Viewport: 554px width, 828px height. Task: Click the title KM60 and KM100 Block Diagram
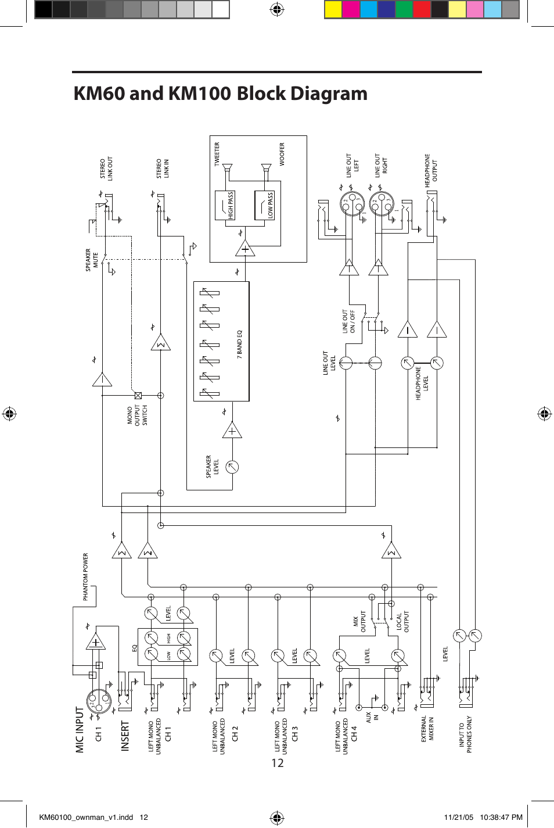(221, 94)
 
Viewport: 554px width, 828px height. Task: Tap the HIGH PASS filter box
(225, 206)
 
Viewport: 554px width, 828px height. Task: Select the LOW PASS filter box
(264, 206)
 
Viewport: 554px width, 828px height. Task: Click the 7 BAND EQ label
(239, 343)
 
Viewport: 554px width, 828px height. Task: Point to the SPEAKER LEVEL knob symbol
(232, 466)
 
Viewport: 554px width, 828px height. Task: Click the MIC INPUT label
(80, 729)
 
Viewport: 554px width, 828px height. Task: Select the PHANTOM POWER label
(85, 576)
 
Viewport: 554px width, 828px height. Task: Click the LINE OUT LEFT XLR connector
(351, 204)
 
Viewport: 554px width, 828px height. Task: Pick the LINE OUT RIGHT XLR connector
(381, 204)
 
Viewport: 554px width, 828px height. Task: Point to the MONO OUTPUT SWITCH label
(137, 415)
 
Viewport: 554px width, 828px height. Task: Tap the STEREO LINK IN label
(163, 169)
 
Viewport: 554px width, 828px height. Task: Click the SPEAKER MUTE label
(92, 260)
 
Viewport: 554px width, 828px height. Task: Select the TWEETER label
(218, 155)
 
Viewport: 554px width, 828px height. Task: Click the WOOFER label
(282, 155)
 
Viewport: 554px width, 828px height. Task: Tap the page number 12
(278, 763)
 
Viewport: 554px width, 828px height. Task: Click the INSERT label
(125, 736)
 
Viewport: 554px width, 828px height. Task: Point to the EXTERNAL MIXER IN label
(427, 729)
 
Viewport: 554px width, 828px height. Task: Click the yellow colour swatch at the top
(333, 10)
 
